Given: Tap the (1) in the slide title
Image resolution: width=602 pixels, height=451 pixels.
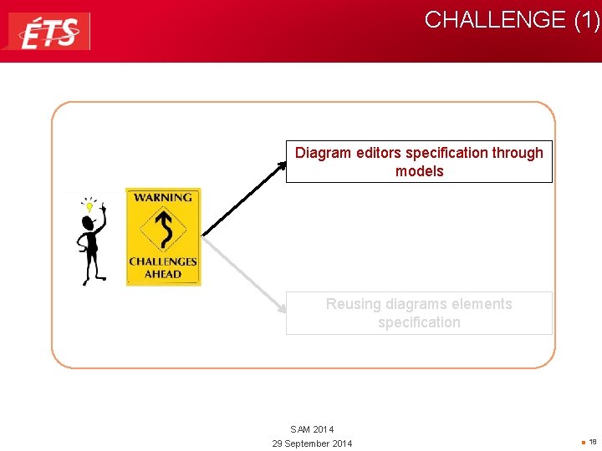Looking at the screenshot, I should point(586,20).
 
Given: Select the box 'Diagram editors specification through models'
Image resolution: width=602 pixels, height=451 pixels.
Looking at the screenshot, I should point(419,161).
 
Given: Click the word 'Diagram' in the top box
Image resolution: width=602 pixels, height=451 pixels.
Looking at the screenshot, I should point(323,153).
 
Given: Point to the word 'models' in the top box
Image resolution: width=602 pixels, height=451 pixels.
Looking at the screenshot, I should point(419,171).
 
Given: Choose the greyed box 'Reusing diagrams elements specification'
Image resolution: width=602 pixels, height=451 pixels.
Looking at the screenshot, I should point(419,313).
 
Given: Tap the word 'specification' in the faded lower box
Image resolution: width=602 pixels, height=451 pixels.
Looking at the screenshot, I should point(419,322).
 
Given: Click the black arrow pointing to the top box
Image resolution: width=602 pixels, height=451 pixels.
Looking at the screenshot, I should point(244,197).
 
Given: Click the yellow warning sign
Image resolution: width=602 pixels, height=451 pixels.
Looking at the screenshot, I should point(163,236).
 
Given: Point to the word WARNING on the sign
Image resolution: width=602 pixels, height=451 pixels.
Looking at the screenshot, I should point(163,198).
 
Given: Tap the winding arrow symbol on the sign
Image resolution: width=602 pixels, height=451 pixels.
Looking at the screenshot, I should point(164,230).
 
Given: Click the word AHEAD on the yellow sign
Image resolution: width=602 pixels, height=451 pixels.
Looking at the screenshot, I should point(163,274).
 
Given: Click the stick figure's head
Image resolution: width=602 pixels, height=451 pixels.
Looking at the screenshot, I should point(88,223).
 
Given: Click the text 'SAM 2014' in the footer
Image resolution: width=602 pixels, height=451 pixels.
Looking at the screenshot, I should point(312,429).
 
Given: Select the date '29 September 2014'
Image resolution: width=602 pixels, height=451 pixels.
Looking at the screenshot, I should point(312,443).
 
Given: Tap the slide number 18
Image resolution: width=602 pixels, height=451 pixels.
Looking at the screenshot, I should point(592,442).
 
